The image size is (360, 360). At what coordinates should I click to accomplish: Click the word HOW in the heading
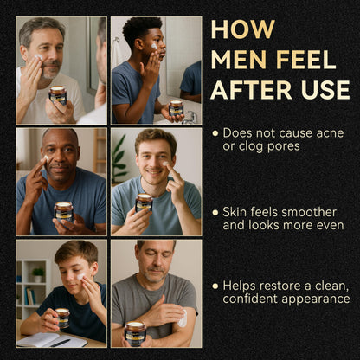pos(243,29)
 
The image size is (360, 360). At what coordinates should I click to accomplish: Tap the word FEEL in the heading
pos(306,60)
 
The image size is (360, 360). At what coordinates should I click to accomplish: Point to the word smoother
pos(309,212)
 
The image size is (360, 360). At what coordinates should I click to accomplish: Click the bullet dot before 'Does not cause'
pos(215,133)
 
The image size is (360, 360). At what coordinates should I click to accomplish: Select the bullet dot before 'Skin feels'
pos(215,213)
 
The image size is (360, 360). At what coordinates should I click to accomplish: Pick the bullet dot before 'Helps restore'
pos(215,286)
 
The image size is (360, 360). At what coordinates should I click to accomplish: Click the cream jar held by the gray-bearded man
pos(58,95)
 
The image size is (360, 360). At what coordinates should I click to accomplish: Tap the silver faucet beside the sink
pos(190,118)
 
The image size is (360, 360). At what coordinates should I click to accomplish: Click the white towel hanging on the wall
pos(117,54)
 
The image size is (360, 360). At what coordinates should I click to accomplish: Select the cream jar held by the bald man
pos(64,212)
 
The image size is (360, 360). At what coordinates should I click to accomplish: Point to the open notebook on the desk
pos(52,340)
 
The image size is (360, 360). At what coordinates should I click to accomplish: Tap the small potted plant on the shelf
pos(38,274)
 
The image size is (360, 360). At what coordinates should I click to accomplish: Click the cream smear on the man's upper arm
pos(183,318)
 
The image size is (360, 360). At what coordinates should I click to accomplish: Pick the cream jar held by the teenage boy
pos(62,318)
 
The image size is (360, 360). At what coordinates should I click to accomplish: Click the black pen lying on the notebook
pos(60,343)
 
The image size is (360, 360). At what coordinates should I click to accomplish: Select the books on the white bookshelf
pos(29,296)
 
